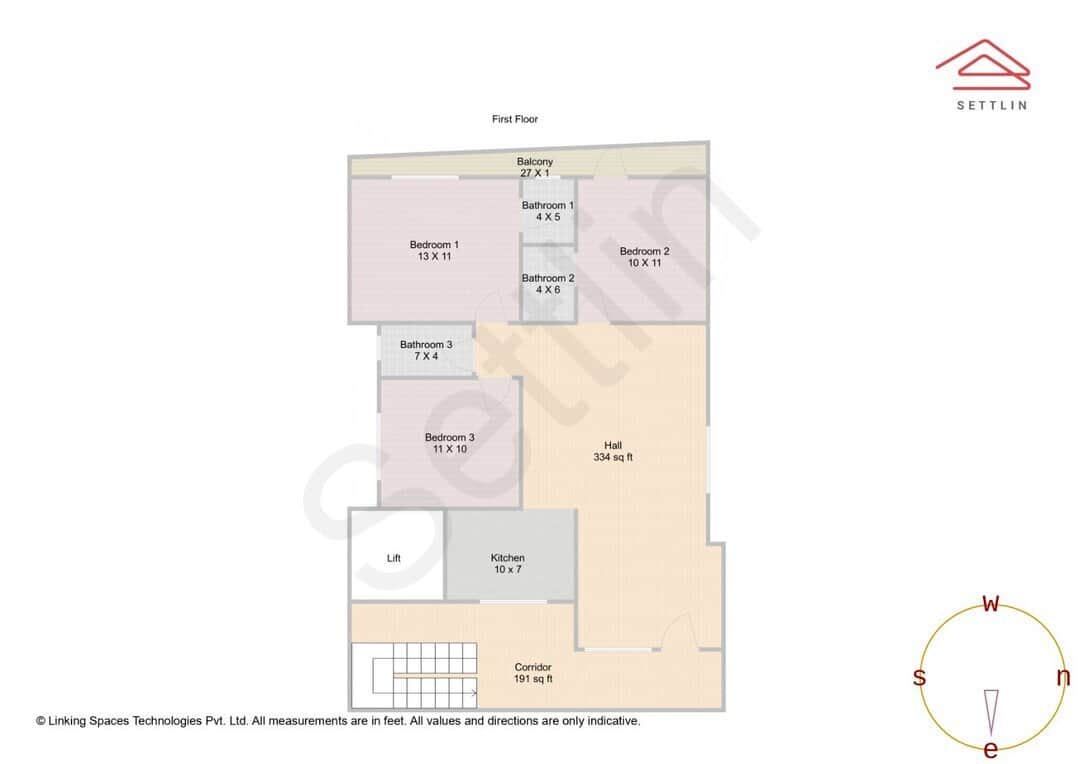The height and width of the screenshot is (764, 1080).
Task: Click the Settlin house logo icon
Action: point(982,62)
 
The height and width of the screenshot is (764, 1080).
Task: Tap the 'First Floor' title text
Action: point(515,119)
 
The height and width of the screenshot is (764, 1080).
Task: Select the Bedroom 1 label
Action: point(434,245)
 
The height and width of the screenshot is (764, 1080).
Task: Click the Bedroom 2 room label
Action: point(644,252)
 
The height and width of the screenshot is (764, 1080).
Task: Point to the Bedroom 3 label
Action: point(449,438)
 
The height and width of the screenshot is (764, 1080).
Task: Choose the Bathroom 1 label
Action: point(547,206)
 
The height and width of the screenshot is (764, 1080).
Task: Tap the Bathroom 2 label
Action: point(547,279)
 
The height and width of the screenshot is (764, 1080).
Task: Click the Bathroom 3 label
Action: point(426,345)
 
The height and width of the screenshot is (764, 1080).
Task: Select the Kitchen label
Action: point(507,558)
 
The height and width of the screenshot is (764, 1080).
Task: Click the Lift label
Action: point(393,558)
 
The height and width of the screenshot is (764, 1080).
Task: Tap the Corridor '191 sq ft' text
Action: point(532,679)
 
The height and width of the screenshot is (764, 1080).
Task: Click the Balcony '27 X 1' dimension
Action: point(534,173)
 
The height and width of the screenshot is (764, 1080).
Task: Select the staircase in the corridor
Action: point(414,673)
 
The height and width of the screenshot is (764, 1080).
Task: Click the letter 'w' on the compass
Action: point(991,604)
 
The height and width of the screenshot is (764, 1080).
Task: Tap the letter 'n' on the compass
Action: point(1063,677)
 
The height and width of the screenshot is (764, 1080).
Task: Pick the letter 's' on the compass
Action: point(919,677)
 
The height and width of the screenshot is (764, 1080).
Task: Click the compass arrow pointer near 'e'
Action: point(991,710)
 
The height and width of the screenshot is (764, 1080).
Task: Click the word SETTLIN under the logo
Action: point(991,105)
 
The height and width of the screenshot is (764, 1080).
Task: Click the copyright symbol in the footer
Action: point(41,721)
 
